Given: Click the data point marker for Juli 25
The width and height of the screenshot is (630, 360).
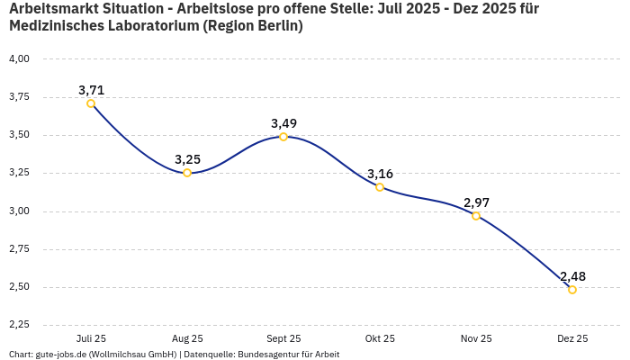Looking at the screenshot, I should pyautogui.click(x=91, y=103).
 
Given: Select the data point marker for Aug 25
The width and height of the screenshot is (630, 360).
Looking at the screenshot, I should pyautogui.click(x=187, y=173).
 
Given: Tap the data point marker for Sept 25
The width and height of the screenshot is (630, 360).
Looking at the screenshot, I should pyautogui.click(x=283, y=137).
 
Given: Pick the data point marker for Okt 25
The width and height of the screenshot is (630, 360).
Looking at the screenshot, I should pyautogui.click(x=380, y=187).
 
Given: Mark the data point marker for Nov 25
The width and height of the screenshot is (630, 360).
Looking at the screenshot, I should pyautogui.click(x=476, y=216).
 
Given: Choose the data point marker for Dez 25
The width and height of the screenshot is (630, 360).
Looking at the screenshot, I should pyautogui.click(x=572, y=290).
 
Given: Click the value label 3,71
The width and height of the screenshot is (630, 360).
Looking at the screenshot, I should pyautogui.click(x=91, y=90).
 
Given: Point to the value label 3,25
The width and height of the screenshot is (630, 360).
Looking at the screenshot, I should pyautogui.click(x=187, y=159).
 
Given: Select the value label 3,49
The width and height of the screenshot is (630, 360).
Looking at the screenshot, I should pyautogui.click(x=283, y=123).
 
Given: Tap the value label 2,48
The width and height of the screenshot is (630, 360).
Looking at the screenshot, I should pyautogui.click(x=572, y=276).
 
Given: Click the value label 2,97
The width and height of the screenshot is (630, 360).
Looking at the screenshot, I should pyautogui.click(x=476, y=202).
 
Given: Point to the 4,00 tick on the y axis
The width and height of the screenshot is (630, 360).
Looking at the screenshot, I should pyautogui.click(x=19, y=58).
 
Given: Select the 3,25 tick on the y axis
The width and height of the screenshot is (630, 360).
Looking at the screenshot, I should pyautogui.click(x=19, y=173).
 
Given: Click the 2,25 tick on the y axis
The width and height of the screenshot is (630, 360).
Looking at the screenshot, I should pyautogui.click(x=19, y=325).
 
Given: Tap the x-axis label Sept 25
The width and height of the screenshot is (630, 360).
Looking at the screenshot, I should pyautogui.click(x=283, y=338).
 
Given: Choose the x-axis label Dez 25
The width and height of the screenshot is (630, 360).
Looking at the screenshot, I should pyautogui.click(x=572, y=338).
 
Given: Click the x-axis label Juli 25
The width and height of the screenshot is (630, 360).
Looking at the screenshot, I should pyautogui.click(x=91, y=338).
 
